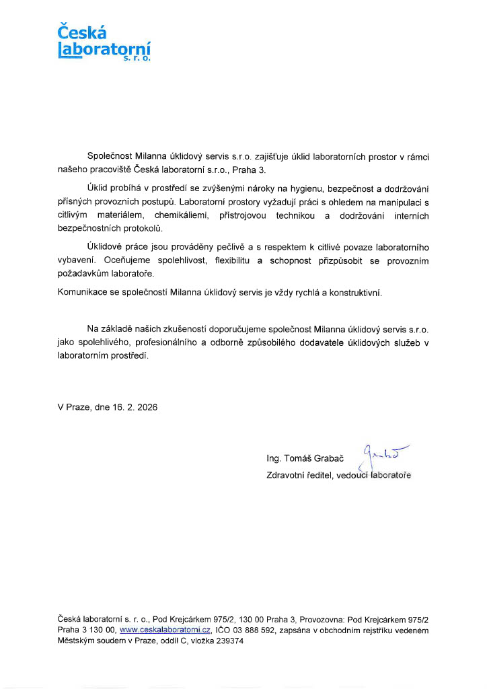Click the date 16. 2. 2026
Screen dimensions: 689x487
(135, 407)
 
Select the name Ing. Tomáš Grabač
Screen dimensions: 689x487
(305, 459)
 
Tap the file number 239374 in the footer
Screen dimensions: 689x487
(229, 641)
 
